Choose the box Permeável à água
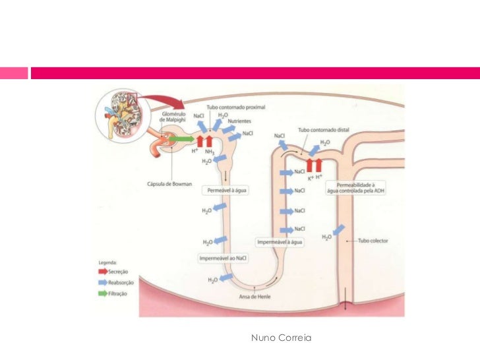point(226,189)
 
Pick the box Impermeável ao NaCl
point(224,258)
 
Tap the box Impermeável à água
point(280,242)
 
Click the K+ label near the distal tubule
point(310,177)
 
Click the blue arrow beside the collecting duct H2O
point(338,231)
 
